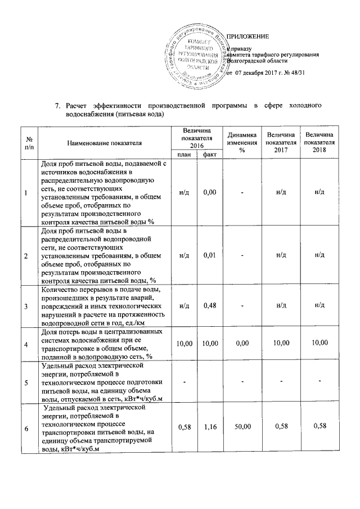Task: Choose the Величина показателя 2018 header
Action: tap(319, 143)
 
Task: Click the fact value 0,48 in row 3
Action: tap(210, 306)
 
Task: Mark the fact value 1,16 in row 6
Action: tap(210, 428)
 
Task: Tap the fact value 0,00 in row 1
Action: tap(210, 193)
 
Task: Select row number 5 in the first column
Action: tap(26, 383)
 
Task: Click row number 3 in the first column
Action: tap(26, 306)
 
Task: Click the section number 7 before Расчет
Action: tap(57, 106)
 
